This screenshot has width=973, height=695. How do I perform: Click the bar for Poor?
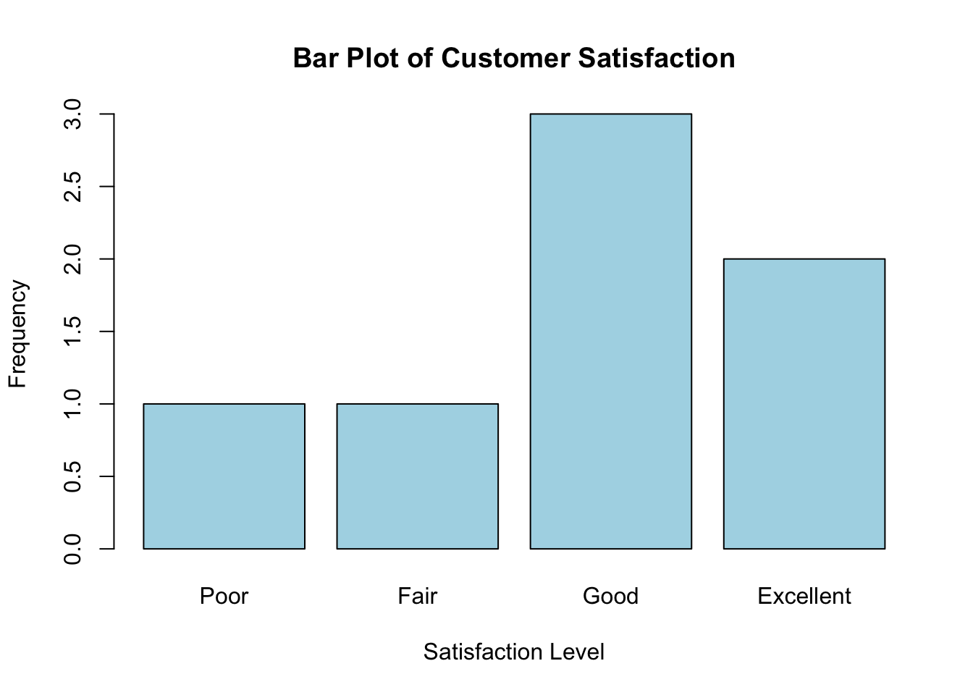[x=224, y=476]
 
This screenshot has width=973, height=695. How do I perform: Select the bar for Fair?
[x=417, y=476]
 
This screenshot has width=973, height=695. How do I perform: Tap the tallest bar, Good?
[x=610, y=331]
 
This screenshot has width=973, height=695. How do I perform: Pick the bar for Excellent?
[x=804, y=403]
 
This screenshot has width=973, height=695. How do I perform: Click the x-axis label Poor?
[x=224, y=597]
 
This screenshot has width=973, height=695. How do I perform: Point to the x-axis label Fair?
[x=417, y=597]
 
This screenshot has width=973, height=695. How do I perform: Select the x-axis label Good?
[x=610, y=597]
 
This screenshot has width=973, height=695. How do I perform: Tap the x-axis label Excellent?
[x=804, y=597]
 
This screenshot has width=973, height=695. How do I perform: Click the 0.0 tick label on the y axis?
[x=72, y=549]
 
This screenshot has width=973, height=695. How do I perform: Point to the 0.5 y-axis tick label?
[x=72, y=476]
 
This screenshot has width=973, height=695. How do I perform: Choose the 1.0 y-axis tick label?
[x=72, y=404]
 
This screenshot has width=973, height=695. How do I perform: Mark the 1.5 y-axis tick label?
[x=72, y=332]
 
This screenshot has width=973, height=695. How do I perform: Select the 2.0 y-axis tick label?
[x=72, y=259]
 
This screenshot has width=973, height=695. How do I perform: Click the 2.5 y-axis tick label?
[x=72, y=187]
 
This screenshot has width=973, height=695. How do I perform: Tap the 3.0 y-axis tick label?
[x=72, y=114]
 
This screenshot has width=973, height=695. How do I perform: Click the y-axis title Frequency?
[x=17, y=333]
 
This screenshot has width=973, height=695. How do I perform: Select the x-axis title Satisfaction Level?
[x=513, y=652]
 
